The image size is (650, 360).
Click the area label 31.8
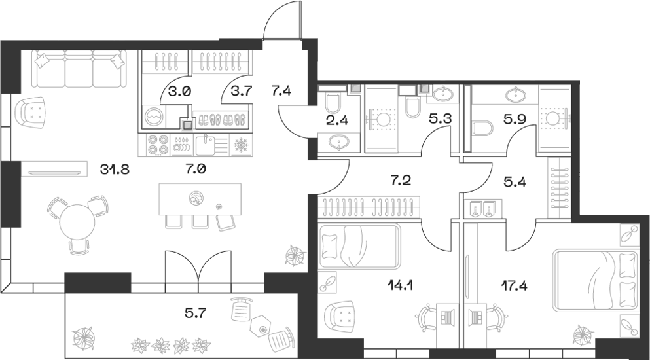click(x=115, y=170)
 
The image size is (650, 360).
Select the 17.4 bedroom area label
click(x=496, y=285)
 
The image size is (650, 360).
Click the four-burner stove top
click(x=157, y=143)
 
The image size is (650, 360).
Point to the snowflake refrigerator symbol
click(x=240, y=143)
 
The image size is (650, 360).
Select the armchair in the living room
click(x=33, y=112)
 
